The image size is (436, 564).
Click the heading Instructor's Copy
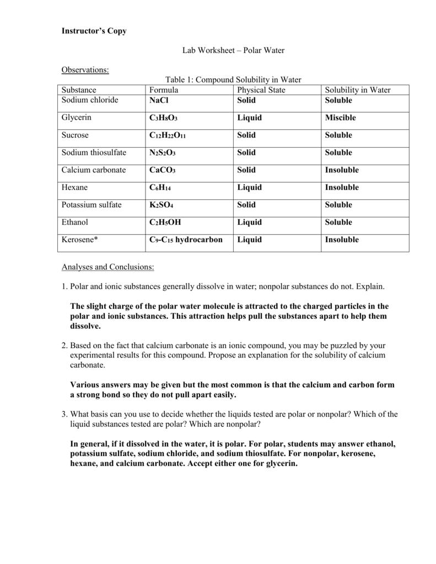point(94,31)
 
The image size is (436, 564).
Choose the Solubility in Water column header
point(358,90)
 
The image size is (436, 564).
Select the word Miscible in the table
point(341,118)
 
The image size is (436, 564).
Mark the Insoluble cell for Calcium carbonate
point(342,170)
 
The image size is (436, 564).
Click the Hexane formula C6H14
point(160,188)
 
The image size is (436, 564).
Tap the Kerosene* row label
point(80,240)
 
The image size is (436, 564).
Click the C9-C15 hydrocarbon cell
point(186,240)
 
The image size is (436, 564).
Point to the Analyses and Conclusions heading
point(108,267)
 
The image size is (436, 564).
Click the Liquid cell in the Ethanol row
point(250,223)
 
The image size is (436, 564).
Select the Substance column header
point(79,90)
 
